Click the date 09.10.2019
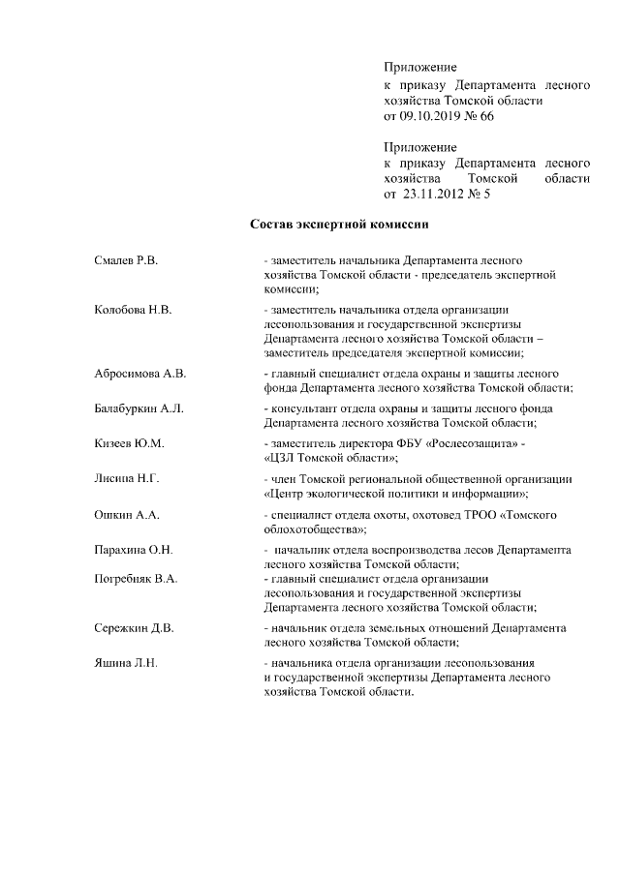433,115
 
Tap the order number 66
486,115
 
